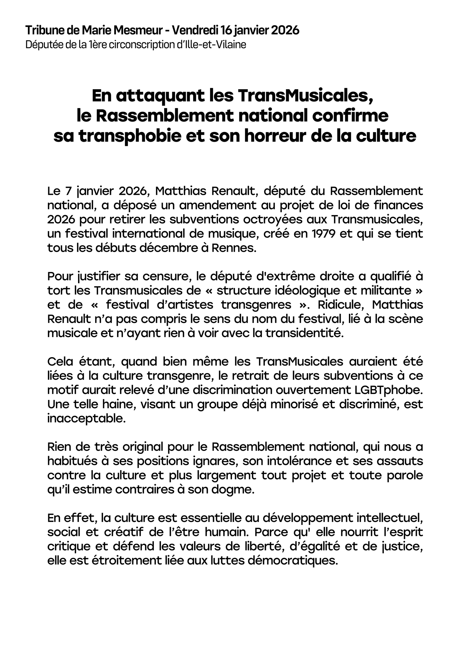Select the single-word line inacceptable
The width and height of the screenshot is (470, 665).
tap(86, 418)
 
